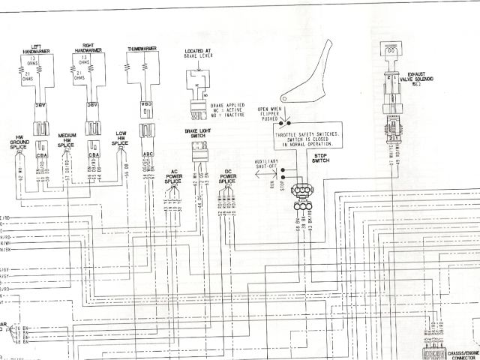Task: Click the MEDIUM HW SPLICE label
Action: point(67,139)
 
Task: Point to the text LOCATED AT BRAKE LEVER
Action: point(200,55)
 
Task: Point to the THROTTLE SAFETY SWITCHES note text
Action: point(305,138)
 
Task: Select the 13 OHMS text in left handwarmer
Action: point(31,60)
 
